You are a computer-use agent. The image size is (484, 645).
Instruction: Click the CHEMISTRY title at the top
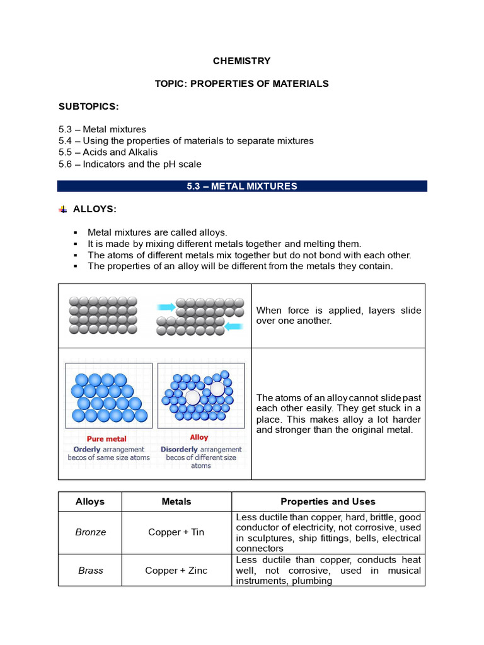[242, 61]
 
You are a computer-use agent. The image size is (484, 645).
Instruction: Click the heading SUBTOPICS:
[88, 106]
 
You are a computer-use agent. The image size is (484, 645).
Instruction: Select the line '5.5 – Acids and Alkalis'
[108, 152]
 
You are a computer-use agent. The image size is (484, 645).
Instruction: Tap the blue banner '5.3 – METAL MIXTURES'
[242, 186]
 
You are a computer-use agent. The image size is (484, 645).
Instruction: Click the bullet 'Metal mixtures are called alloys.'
[157, 232]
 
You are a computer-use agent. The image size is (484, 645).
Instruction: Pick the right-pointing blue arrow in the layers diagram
[166, 307]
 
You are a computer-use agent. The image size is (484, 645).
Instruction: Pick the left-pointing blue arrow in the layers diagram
[233, 326]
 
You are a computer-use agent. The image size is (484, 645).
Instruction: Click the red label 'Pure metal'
[107, 438]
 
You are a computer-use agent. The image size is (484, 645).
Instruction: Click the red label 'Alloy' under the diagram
[199, 437]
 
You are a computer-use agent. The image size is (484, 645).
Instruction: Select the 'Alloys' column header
[90, 502]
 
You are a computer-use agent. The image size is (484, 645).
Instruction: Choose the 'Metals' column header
[176, 502]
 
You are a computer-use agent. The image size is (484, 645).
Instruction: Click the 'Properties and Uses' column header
[328, 502]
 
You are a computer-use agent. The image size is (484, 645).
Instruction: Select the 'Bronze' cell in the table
[90, 532]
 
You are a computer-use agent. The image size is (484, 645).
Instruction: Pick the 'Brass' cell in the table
[90, 571]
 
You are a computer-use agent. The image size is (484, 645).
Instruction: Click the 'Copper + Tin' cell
[176, 532]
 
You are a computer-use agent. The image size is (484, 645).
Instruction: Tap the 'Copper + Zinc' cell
[176, 571]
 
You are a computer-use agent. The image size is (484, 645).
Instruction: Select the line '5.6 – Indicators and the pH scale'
[130, 164]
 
